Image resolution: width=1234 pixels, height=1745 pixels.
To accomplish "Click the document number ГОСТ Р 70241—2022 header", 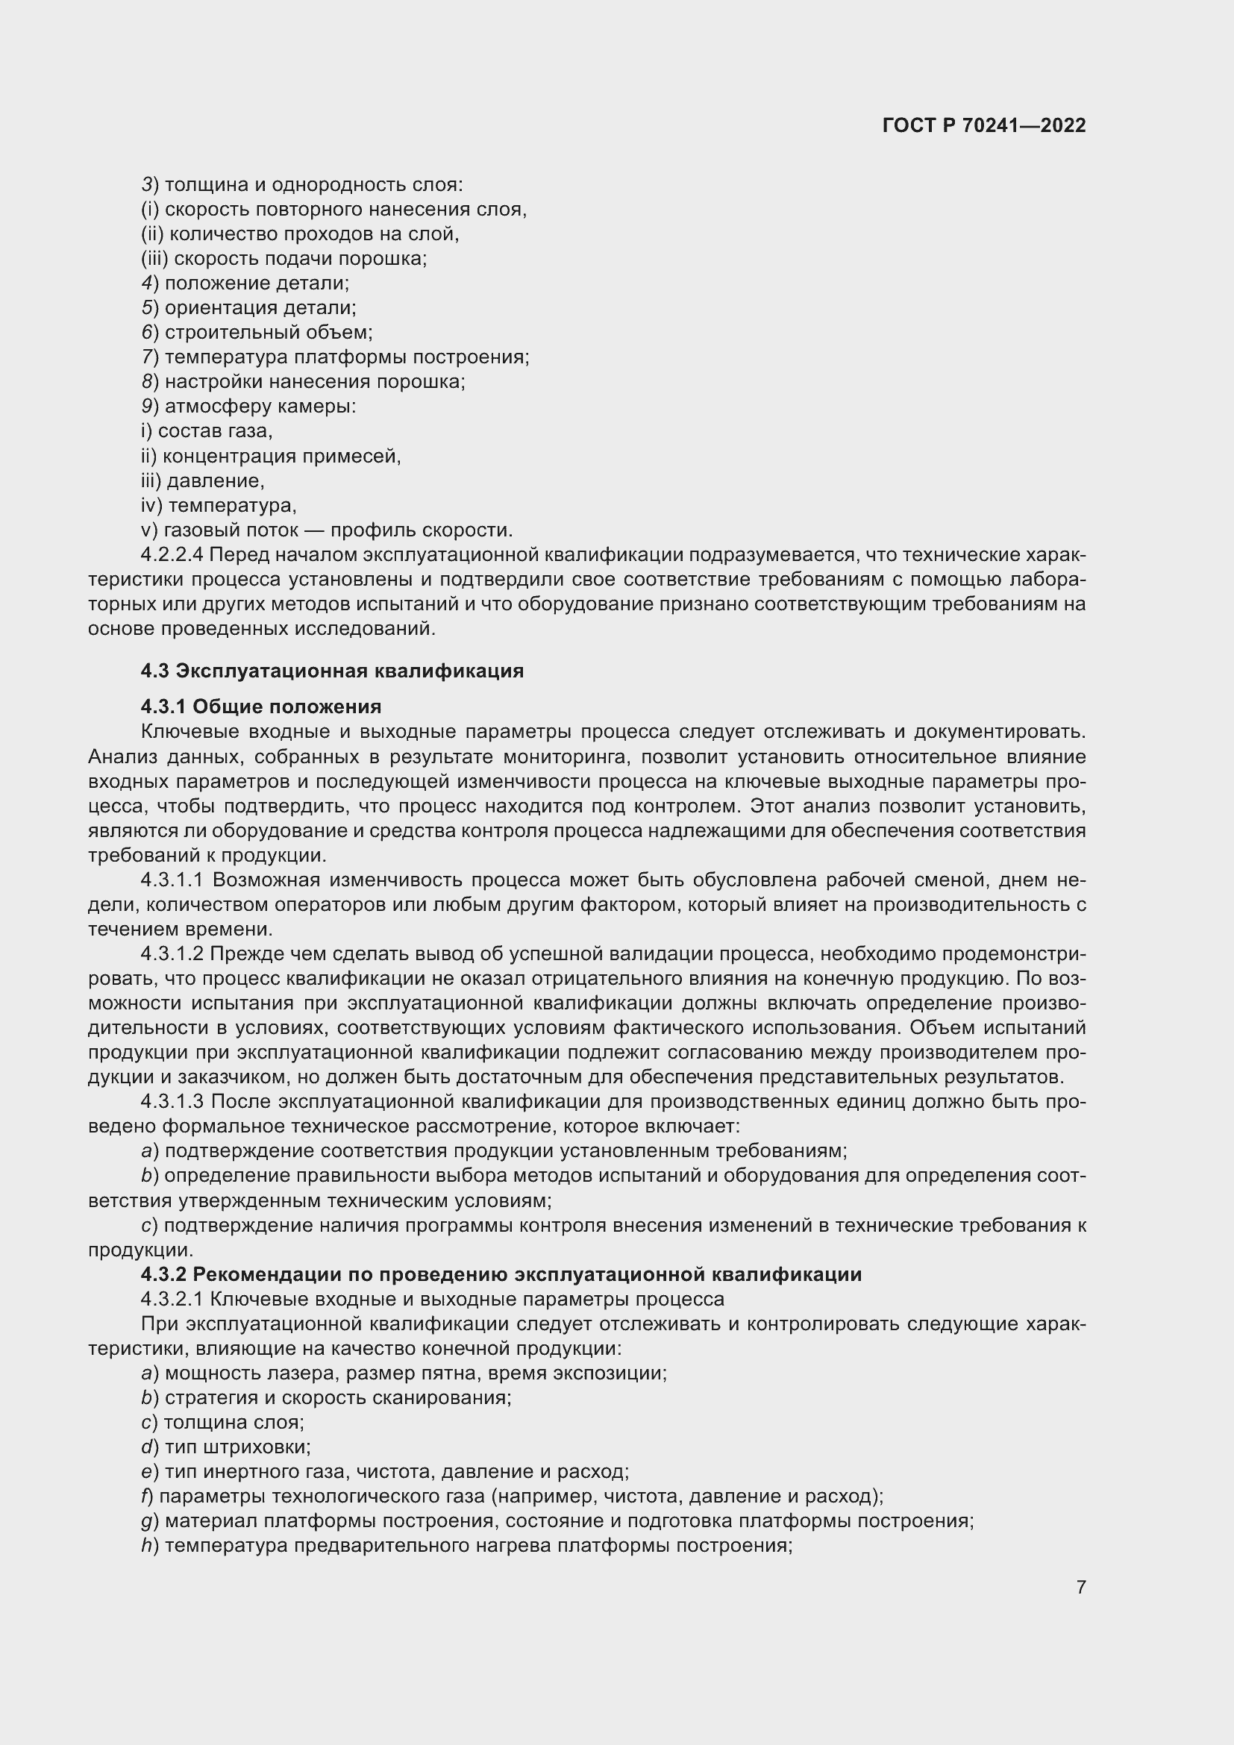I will tap(984, 125).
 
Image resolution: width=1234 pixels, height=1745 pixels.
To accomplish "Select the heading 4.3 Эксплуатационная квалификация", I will tap(332, 671).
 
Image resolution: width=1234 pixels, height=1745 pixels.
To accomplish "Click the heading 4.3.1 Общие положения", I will tap(260, 707).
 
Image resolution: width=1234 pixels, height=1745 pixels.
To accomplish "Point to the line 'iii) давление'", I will tap(203, 481).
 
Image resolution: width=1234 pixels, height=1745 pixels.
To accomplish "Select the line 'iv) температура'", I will tap(219, 505).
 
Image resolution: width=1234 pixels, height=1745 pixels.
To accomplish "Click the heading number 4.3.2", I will tap(163, 1274).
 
